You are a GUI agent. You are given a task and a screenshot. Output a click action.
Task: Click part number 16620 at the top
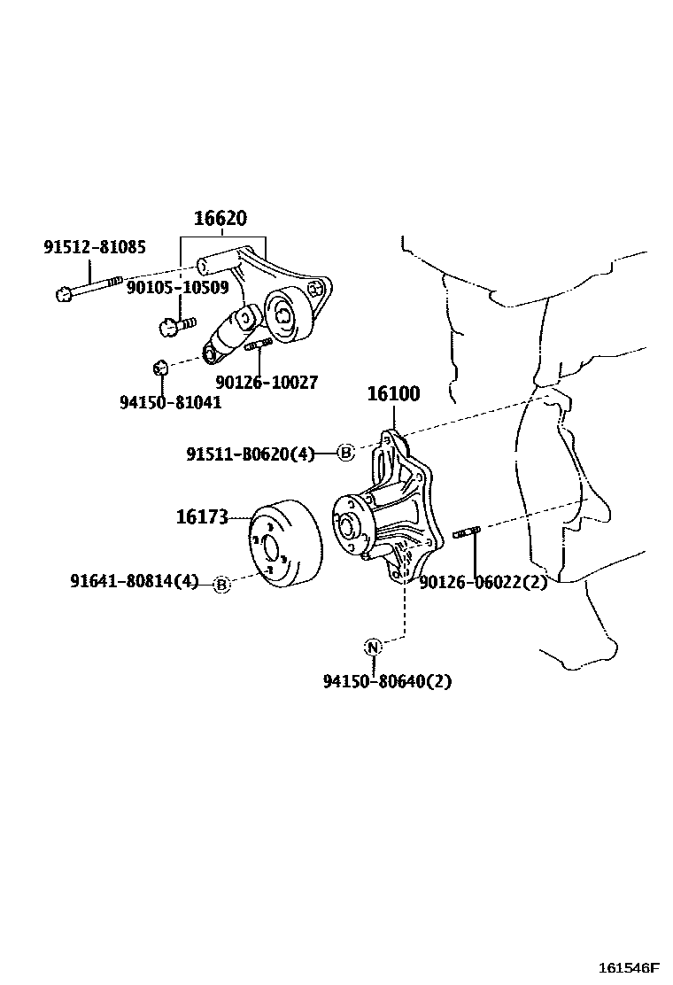pos(220,219)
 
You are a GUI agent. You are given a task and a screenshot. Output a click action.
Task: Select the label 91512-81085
pos(95,247)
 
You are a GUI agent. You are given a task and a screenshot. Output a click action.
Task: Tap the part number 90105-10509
pos(177,287)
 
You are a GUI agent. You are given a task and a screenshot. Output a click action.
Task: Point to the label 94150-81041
pos(170,402)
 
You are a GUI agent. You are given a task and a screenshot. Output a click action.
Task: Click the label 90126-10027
pos(266,383)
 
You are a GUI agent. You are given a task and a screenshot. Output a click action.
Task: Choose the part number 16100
pos(394,394)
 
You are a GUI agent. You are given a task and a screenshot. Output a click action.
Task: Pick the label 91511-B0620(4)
pos(250,454)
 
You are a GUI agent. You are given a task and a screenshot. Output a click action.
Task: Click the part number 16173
pos(202,516)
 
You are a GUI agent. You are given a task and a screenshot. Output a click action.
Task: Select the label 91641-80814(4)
pos(134,582)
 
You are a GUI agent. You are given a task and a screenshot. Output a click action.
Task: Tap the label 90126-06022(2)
pos(483,582)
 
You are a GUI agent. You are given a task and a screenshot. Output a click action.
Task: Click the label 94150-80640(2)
pos(387,681)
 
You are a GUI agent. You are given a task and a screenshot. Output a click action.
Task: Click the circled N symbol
pos(373,647)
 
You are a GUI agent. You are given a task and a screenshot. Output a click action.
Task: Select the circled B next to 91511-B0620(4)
pos(346,454)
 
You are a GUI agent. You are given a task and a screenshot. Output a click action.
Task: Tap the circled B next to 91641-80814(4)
pos(221,584)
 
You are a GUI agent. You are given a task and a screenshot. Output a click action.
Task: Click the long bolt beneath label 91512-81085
pos(89,288)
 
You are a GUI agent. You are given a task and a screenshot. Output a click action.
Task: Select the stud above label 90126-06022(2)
pos(466,532)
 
